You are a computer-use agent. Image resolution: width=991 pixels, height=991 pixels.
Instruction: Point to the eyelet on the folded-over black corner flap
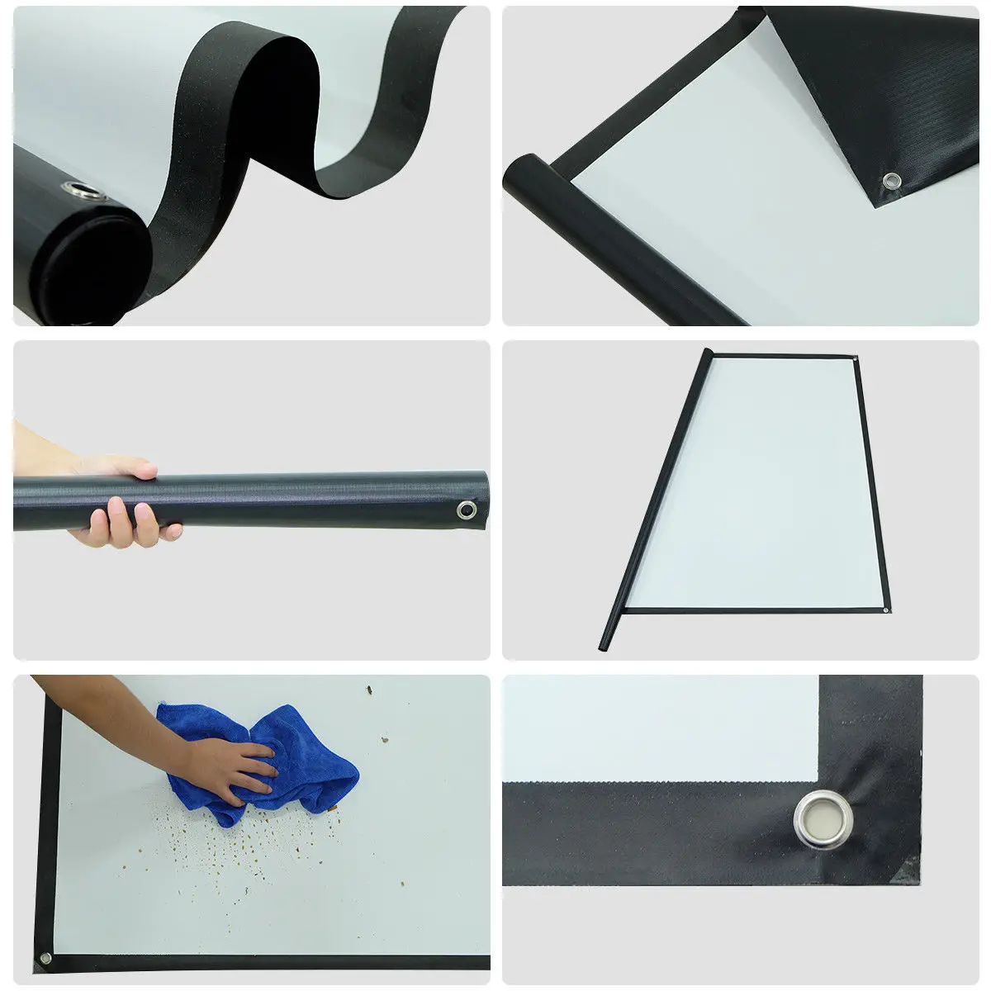click(x=890, y=179)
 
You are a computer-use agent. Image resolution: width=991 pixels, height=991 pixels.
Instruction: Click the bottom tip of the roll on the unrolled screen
click(x=605, y=642)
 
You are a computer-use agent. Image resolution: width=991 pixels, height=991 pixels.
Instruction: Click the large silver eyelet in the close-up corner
click(x=823, y=823)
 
